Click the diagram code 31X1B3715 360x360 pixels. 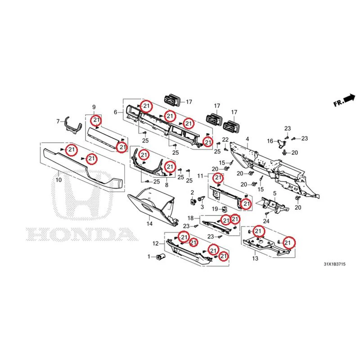[334, 264]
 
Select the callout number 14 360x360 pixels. [149, 223]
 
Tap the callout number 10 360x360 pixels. [59, 180]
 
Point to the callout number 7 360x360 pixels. [58, 121]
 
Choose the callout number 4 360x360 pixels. [247, 139]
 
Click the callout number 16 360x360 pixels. [270, 141]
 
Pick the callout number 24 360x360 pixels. [266, 221]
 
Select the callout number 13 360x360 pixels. [255, 258]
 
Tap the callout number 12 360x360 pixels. [156, 243]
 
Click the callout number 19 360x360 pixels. [215, 209]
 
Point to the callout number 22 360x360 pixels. [225, 139]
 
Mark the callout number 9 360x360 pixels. [94, 107]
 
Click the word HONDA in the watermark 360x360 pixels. [82, 234]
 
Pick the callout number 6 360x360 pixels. [116, 112]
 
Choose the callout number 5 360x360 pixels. [275, 193]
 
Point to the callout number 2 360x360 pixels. [192, 193]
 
